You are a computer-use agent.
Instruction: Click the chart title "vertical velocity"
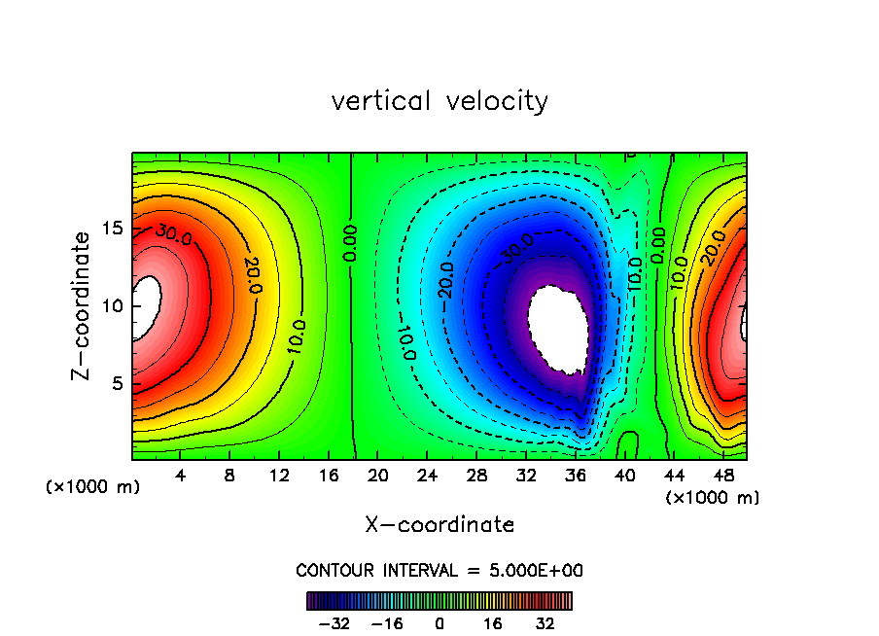point(439,101)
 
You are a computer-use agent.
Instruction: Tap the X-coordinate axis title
point(439,525)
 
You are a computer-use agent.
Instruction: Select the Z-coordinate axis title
point(82,305)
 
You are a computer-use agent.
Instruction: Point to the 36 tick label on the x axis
point(576,476)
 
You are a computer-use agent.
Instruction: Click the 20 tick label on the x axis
point(379,476)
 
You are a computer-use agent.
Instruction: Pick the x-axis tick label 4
point(181,476)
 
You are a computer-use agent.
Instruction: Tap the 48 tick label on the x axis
point(723,476)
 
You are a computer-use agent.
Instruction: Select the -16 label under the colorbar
point(387,623)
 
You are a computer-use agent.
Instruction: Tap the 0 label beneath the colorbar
point(439,623)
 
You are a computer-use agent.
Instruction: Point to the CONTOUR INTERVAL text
point(439,570)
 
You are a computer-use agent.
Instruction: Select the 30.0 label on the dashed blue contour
point(517,247)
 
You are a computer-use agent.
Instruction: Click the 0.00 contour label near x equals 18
point(351,243)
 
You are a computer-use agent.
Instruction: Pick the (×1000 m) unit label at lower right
point(713,498)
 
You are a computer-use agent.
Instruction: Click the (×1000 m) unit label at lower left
point(92,486)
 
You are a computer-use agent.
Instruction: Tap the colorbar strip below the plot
point(439,601)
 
